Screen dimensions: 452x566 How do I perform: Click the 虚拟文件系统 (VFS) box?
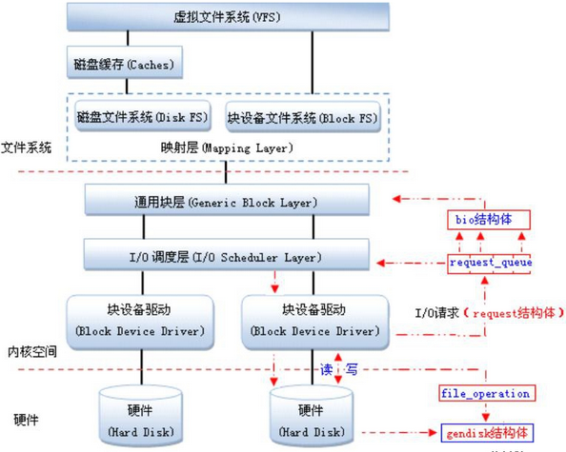tap(227, 17)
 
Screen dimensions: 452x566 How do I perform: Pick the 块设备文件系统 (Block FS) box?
tap(302, 120)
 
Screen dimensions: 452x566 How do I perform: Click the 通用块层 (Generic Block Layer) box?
tap(227, 202)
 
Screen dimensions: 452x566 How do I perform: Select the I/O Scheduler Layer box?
tap(227, 257)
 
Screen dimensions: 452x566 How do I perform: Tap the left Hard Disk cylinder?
tap(142, 415)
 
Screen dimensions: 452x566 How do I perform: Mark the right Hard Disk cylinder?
tap(315, 415)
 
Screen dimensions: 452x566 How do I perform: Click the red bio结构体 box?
tap(486, 219)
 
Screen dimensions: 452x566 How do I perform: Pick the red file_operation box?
tap(485, 393)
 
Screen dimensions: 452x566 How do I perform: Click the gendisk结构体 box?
tap(489, 433)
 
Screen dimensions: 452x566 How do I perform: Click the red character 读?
tap(324, 368)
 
